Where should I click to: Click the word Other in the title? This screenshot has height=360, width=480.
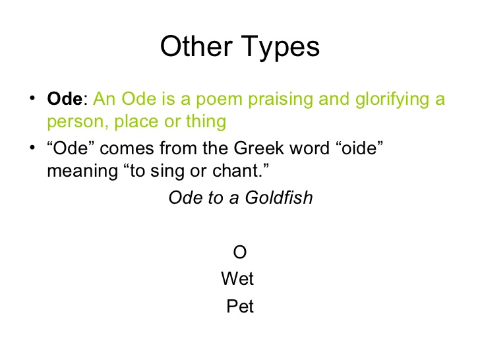[x=196, y=46]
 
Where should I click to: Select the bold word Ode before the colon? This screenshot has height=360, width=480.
[x=65, y=99]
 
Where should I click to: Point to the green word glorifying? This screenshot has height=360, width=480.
[x=392, y=100]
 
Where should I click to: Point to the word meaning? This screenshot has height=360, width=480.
[x=82, y=172]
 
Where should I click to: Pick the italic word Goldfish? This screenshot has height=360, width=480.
[x=279, y=197]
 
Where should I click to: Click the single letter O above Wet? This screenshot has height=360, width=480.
[x=240, y=253]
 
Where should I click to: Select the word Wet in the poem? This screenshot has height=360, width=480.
[x=237, y=278]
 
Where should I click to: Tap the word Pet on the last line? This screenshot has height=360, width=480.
[x=240, y=306]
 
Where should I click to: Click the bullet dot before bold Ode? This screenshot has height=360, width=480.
[x=32, y=98]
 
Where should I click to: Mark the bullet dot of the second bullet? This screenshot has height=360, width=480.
[x=32, y=148]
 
